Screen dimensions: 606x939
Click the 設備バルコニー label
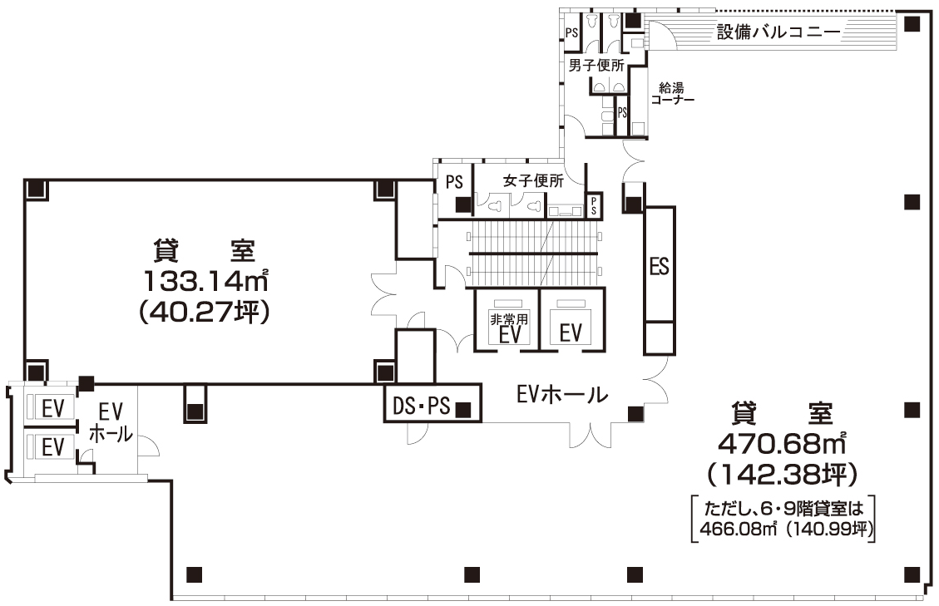(778, 33)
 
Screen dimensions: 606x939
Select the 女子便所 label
(533, 180)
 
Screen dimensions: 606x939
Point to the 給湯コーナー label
(672, 93)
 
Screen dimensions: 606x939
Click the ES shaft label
(659, 267)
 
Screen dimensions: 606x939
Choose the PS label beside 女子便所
(454, 182)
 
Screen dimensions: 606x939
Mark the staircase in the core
(533, 253)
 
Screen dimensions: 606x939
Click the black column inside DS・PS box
(464, 408)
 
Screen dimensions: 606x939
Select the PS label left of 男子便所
(571, 32)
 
